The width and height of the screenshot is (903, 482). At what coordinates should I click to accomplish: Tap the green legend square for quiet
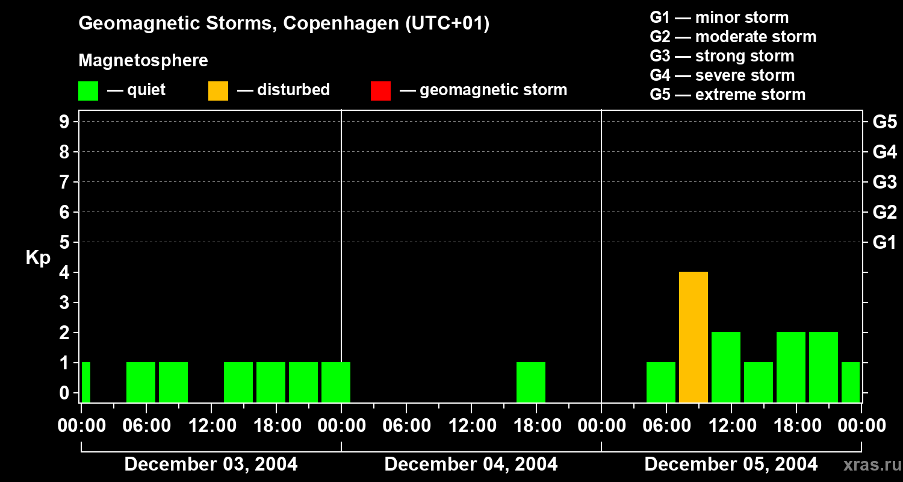(88, 90)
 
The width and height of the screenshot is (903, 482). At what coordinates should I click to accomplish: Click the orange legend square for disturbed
(218, 90)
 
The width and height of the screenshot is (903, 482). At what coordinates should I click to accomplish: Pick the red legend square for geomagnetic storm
(380, 90)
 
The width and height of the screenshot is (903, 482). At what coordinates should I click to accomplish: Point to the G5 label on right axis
(884, 122)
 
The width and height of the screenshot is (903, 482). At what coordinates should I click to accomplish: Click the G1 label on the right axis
(884, 242)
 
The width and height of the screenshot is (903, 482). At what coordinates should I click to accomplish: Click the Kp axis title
(38, 258)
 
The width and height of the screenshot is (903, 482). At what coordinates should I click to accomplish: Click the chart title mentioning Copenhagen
(284, 23)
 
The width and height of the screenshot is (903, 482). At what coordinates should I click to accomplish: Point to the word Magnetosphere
(143, 61)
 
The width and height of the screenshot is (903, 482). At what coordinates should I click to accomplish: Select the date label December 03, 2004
(211, 465)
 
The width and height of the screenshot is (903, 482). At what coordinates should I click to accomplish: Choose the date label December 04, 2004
(471, 465)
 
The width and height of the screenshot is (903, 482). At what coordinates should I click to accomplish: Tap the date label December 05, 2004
(731, 465)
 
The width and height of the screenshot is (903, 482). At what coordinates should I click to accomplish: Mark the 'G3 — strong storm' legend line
(722, 56)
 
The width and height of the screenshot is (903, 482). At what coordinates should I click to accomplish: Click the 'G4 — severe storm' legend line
(722, 75)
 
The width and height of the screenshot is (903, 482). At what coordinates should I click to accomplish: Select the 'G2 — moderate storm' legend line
(733, 37)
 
